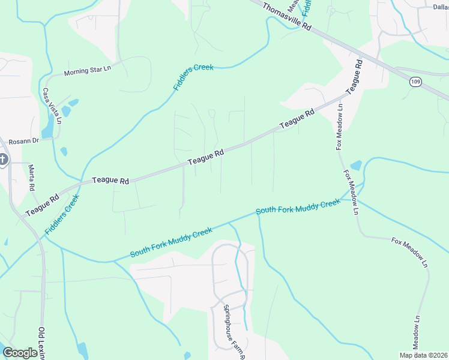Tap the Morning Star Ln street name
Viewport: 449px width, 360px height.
pos(88,71)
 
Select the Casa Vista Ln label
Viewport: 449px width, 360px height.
pos(51,106)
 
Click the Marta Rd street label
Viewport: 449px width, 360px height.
pos(32,178)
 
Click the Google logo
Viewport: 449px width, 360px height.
pos(20,353)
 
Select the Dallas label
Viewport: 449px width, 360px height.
pos(441,7)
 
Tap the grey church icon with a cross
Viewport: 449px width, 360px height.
pos(2,160)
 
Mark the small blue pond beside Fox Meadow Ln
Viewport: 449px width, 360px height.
pos(356,164)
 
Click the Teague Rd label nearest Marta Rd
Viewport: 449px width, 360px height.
pos(42,205)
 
